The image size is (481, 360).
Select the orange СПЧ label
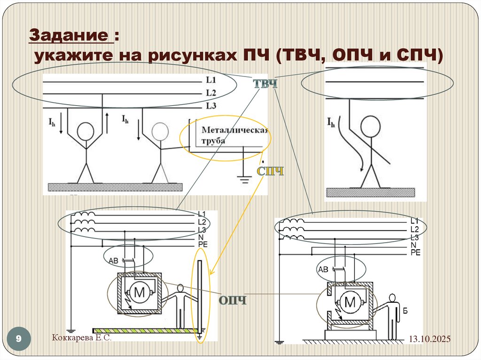tap(270, 171)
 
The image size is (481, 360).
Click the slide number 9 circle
tap(19, 338)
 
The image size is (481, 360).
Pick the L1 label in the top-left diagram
tap(211, 80)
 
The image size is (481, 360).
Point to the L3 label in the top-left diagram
tap(211, 106)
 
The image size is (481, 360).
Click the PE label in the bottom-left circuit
tap(202, 245)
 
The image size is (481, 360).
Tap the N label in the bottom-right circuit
tap(413, 245)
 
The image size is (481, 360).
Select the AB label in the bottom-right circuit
tap(323, 269)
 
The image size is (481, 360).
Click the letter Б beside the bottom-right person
tap(405, 310)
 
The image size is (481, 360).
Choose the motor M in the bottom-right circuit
tap(350, 303)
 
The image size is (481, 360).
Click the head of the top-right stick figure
tap(370, 126)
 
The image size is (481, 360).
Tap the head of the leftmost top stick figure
tap(85, 131)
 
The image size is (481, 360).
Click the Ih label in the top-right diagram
tap(331, 123)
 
